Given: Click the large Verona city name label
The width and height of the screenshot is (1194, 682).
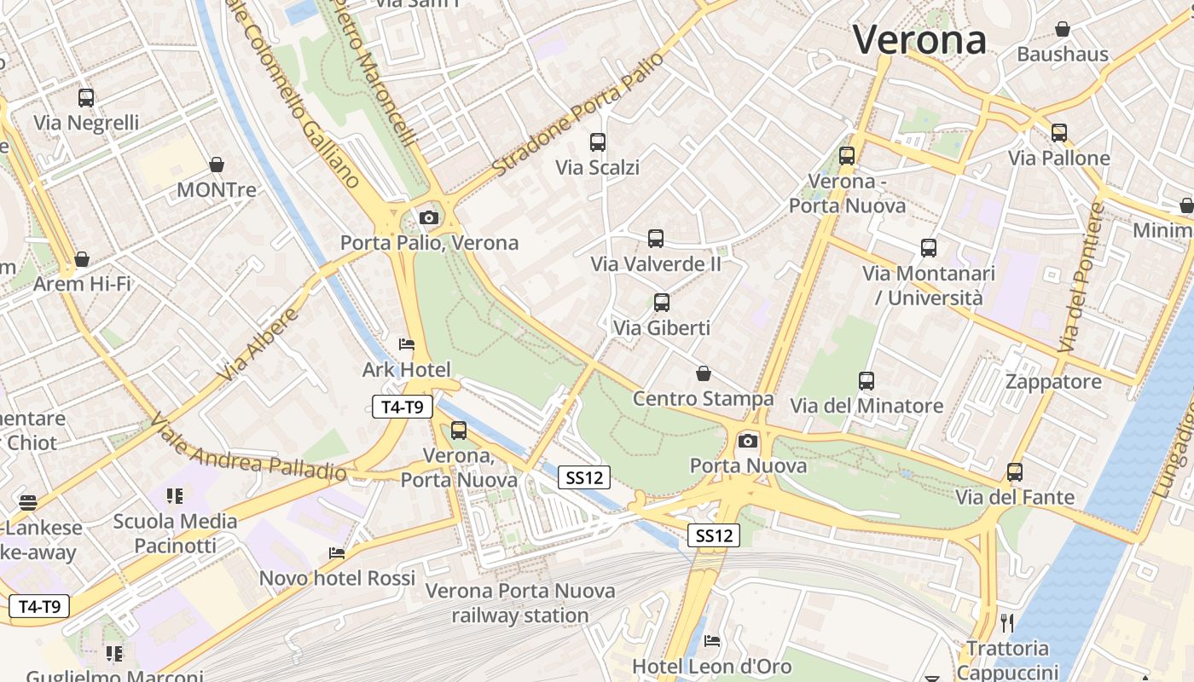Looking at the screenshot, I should [x=919, y=40].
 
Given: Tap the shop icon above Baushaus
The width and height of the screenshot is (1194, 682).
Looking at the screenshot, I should [x=1063, y=30].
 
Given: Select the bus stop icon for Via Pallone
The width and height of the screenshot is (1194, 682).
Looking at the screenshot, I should [x=1059, y=133].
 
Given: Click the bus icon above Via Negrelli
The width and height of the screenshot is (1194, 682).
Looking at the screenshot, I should [x=86, y=98].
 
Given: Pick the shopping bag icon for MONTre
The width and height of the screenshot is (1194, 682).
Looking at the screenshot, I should [x=217, y=165].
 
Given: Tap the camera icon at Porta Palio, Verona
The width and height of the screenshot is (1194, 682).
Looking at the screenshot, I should [x=429, y=218].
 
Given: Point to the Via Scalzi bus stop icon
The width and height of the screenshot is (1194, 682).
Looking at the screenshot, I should [x=598, y=142].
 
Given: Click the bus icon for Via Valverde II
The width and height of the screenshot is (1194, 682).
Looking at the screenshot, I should [x=656, y=239].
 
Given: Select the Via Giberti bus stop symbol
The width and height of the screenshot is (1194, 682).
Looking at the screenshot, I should [x=662, y=303].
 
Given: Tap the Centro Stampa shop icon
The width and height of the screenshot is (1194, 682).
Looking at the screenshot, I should [x=704, y=373].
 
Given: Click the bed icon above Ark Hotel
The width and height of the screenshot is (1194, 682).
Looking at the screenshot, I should [x=407, y=344].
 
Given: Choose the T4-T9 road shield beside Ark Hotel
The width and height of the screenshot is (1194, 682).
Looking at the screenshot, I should [x=403, y=407].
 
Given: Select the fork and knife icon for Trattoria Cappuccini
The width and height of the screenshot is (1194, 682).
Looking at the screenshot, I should [x=1007, y=623].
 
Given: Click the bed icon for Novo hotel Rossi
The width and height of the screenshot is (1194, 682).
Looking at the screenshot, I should [x=337, y=553].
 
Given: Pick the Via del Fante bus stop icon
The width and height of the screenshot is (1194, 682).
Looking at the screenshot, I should [x=1015, y=472].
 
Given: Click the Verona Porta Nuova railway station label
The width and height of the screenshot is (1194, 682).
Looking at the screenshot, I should [x=520, y=602].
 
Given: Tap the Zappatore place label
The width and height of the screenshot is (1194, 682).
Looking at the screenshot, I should [x=1053, y=381].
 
